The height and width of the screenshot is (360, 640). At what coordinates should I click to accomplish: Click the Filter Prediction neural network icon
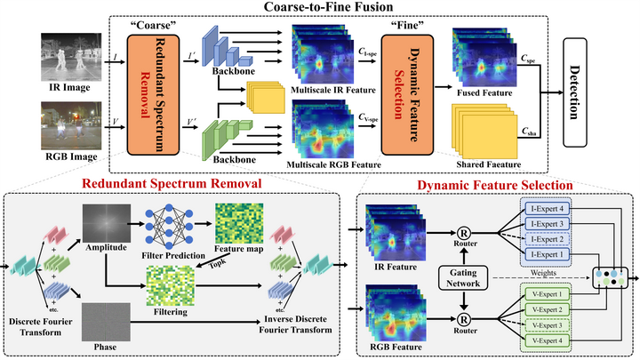[169, 223]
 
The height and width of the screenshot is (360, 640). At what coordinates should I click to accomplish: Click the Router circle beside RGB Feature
[464, 314]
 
